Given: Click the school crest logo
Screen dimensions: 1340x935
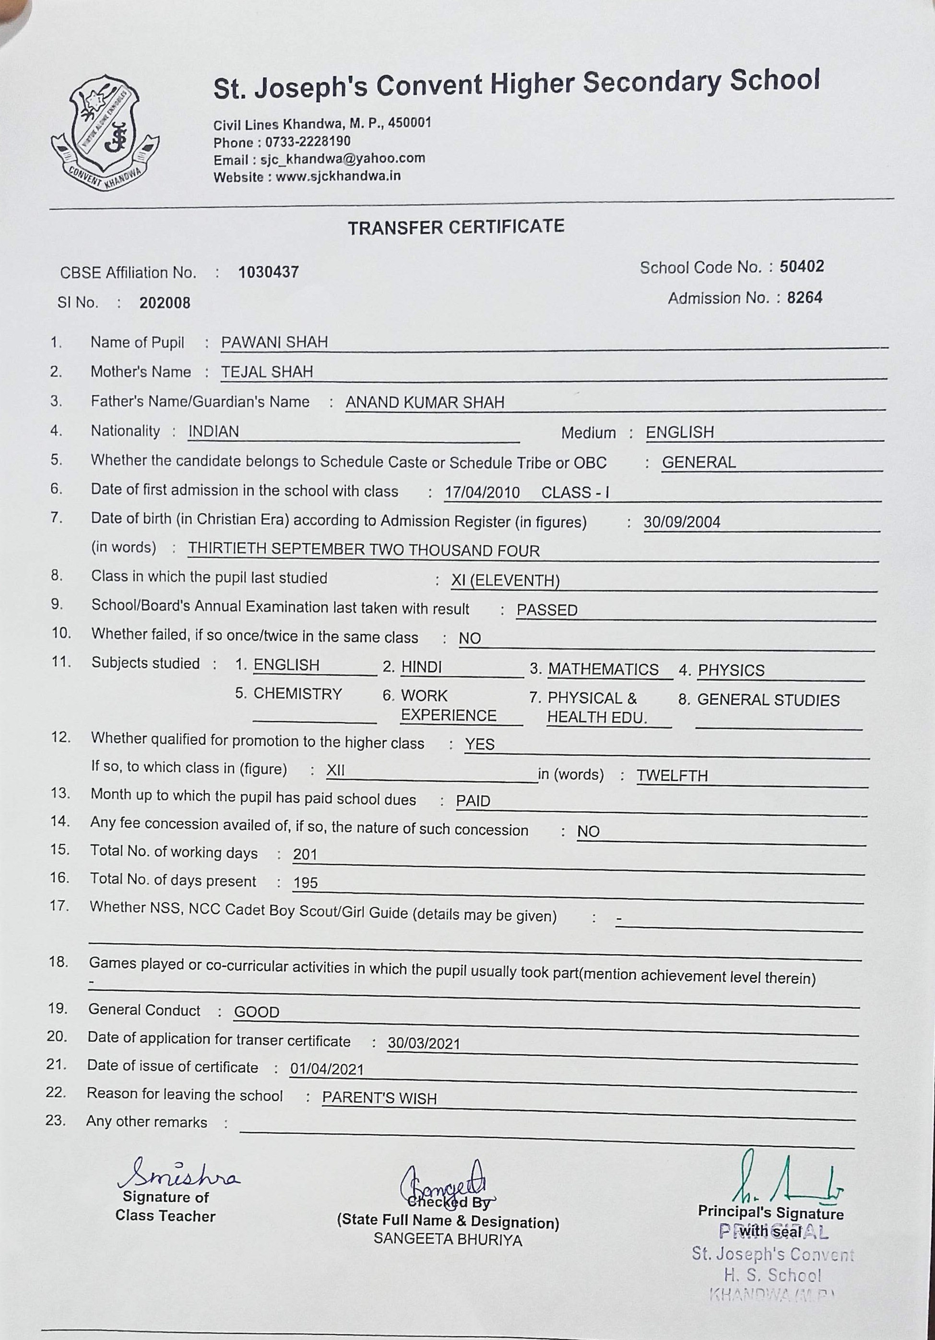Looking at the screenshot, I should [105, 133].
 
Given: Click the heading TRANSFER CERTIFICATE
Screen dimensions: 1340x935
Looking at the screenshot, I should [456, 227].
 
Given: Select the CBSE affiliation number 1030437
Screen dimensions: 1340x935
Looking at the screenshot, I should [269, 272].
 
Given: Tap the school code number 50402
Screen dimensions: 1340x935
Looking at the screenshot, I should [802, 267].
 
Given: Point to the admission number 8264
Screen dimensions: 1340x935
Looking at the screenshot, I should [804, 298].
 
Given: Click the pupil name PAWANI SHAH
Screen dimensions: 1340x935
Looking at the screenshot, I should [274, 342].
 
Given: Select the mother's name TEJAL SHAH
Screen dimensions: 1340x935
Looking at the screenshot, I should [267, 372].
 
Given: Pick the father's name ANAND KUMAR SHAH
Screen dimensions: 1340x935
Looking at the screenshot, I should [425, 402].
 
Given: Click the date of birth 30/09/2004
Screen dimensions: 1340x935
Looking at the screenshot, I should [682, 522].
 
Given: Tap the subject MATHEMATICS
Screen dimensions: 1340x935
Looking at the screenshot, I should [603, 670].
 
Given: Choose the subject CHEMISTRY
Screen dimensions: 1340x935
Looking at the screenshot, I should [297, 694].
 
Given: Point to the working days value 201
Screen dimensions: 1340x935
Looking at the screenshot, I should [305, 855].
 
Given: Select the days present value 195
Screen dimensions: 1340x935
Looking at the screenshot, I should [305, 883].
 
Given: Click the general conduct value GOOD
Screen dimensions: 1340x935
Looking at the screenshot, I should [257, 1012].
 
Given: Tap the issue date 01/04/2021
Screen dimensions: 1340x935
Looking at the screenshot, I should [327, 1069].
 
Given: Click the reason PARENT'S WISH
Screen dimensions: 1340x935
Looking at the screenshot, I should [379, 1098].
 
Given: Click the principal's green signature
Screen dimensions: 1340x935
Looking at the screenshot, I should [782, 1179].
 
